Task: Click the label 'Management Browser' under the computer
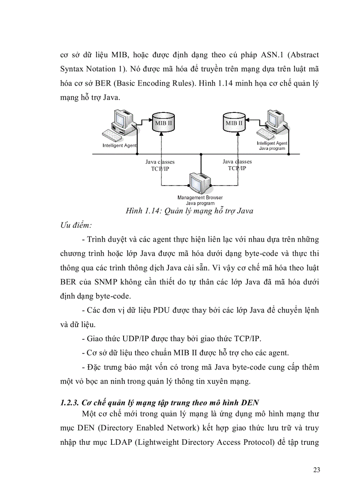(x=200, y=198)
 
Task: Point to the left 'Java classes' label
(x=160, y=162)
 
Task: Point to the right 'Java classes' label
(x=237, y=162)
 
